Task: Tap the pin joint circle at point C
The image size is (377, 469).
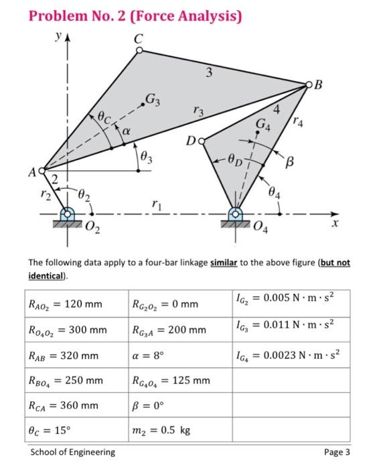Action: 139,51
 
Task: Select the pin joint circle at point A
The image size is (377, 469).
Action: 43,171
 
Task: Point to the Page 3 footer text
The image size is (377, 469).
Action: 337,452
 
